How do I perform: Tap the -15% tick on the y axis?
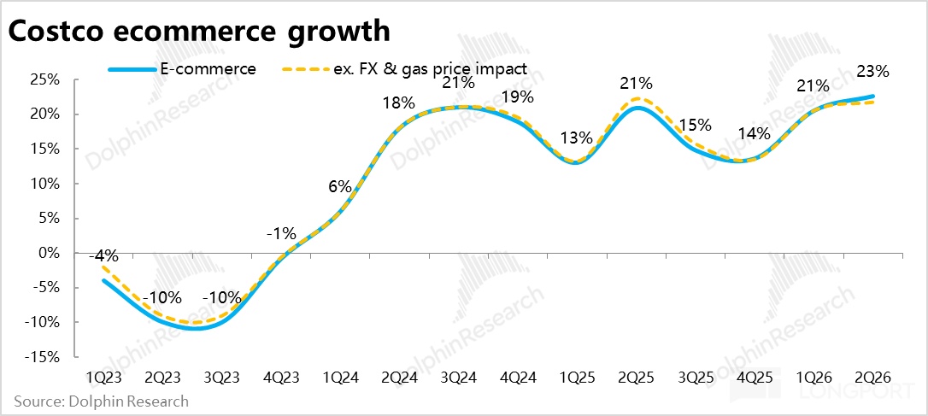42,356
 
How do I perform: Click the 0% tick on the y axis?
49,253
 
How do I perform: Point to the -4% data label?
104,255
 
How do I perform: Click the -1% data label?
281,232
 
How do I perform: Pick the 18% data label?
399,103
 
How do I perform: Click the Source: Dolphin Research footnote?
101,401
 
